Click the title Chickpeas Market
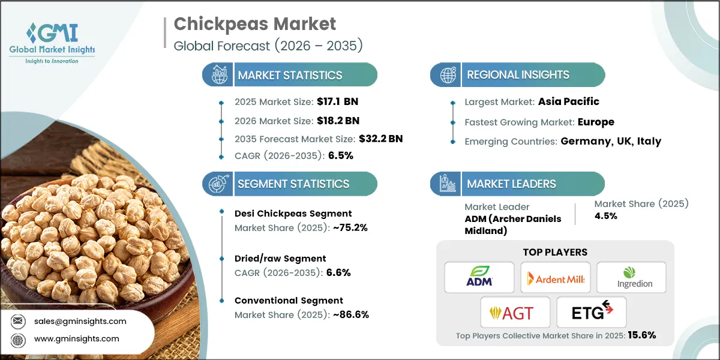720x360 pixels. click(254, 23)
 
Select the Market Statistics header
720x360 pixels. click(290, 75)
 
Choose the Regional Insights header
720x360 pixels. click(518, 75)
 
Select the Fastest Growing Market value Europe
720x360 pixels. click(596, 122)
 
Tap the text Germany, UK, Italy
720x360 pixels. click(611, 141)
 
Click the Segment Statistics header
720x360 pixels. click(293, 184)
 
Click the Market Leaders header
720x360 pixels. click(511, 184)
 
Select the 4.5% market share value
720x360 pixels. click(605, 215)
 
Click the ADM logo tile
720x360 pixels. click(479, 278)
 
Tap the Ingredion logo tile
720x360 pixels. click(631, 278)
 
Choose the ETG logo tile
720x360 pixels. click(592, 312)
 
